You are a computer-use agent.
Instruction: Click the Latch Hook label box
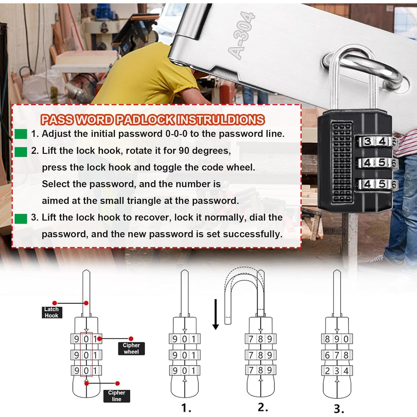point(52,312)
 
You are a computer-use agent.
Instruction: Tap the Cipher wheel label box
point(131,348)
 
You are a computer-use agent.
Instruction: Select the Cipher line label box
point(116,396)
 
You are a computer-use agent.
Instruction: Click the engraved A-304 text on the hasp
point(241,36)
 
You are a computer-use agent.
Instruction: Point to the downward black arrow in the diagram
point(216,314)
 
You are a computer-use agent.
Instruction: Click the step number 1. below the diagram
point(186,408)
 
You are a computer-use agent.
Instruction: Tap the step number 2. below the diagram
point(263,407)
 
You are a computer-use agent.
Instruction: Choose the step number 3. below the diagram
point(339,408)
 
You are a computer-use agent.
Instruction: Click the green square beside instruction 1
point(21,134)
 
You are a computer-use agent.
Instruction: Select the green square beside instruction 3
point(21,219)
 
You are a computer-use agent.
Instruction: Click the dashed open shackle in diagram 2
point(242,289)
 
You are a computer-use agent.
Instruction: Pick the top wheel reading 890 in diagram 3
point(337,339)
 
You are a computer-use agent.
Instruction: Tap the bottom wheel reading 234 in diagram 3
point(337,371)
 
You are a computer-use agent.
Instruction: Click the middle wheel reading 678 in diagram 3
point(337,355)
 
